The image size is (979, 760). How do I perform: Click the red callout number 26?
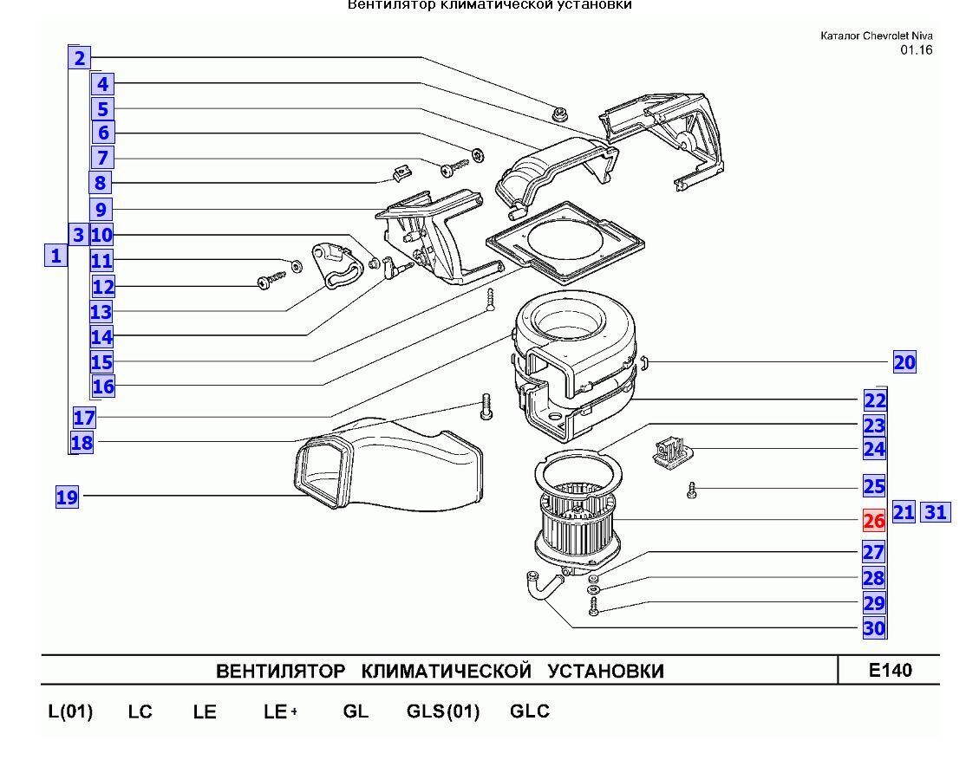[x=873, y=520]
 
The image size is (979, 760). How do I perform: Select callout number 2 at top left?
[x=79, y=58]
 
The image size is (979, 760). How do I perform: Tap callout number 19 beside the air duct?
[x=67, y=497]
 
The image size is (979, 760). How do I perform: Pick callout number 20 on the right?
[x=904, y=362]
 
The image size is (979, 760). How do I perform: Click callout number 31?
[x=935, y=512]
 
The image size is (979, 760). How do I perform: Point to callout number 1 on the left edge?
[x=55, y=256]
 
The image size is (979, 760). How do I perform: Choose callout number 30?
[x=874, y=628]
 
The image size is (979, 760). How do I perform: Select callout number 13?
[x=101, y=311]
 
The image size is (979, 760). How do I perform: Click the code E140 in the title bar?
[x=889, y=670]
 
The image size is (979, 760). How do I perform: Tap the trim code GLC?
[x=529, y=711]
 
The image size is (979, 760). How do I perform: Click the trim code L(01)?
[x=70, y=711]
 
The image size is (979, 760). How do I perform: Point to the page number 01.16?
[x=916, y=49]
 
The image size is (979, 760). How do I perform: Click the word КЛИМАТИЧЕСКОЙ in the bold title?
[x=445, y=672]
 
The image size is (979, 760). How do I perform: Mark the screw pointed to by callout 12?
[x=269, y=280]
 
